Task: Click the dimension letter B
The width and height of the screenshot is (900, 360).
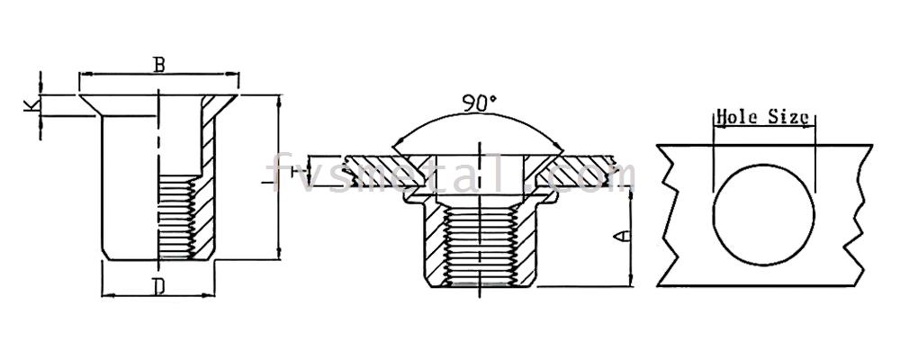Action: click(159, 65)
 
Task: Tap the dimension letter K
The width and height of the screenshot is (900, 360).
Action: click(31, 104)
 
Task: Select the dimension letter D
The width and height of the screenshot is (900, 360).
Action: click(159, 286)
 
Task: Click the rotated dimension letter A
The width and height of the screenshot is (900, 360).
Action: click(622, 236)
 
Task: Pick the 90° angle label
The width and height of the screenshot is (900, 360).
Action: click(480, 103)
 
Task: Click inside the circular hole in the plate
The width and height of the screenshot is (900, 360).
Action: click(763, 215)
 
